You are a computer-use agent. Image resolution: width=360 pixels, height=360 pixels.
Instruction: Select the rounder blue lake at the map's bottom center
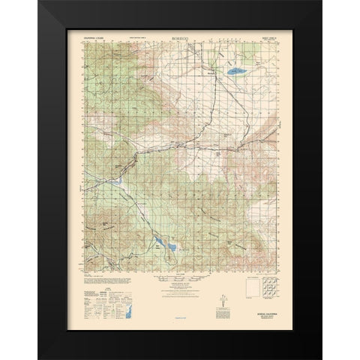171,247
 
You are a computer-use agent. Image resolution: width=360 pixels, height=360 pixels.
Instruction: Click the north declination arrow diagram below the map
223,301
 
